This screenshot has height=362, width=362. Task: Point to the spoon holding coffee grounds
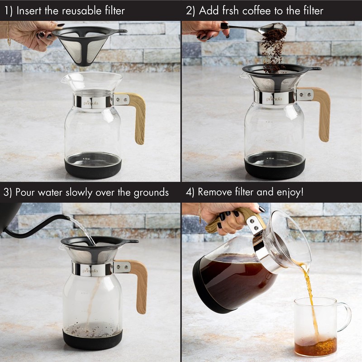pos(271,29)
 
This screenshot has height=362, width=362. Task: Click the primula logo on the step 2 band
pos(274,98)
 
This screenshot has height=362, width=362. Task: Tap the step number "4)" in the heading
pos(190,192)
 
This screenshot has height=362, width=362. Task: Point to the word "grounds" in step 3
pos(150,192)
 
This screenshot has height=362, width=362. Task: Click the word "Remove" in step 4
pos(214,192)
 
